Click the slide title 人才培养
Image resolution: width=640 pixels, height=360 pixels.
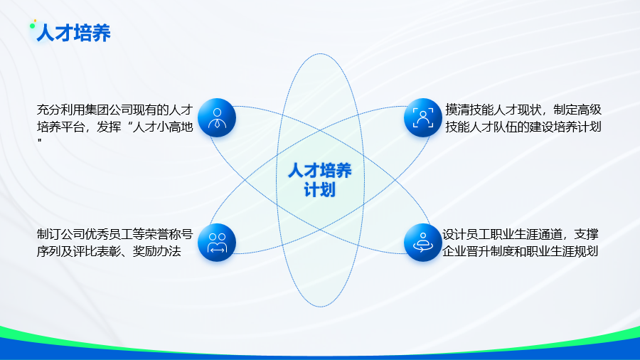(x=73, y=33)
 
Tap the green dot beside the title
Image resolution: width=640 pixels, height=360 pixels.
(x=32, y=26)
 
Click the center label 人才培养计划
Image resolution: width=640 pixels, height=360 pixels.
(x=319, y=180)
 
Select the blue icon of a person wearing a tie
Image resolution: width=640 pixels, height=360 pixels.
(x=217, y=117)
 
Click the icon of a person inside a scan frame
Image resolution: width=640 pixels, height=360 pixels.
(x=423, y=117)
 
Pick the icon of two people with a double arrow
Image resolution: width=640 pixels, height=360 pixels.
(x=217, y=243)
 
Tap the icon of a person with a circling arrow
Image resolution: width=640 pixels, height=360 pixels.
(x=423, y=243)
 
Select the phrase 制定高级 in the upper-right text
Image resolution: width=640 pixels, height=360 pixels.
(x=577, y=110)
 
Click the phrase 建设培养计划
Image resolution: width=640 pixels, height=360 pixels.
(x=565, y=127)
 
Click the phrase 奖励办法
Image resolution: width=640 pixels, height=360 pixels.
(x=157, y=251)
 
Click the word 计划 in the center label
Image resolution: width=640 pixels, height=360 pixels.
(x=319, y=190)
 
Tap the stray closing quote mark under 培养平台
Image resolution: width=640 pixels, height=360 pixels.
(x=40, y=141)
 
